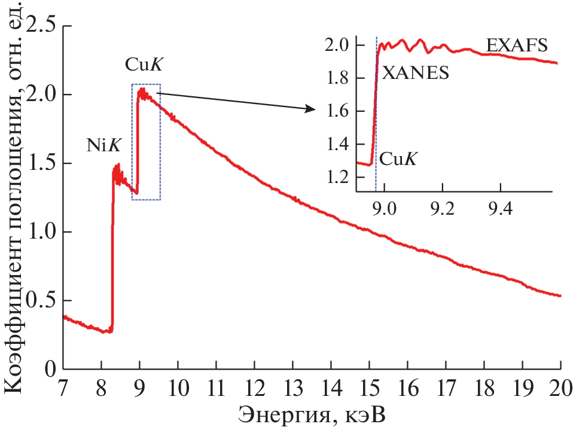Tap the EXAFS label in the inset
tap(517, 46)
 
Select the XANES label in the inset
tap(415, 73)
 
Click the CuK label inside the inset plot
tap(398, 159)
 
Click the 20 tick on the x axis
tap(560, 389)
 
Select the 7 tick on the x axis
tap(63, 389)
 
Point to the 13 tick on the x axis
tap(293, 389)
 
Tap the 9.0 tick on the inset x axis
tap(385, 210)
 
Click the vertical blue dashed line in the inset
tap(376, 120)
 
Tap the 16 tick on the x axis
tap(407, 389)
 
